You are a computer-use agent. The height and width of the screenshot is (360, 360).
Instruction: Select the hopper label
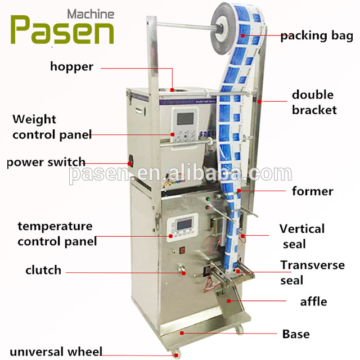pyautogui.click(x=71, y=66)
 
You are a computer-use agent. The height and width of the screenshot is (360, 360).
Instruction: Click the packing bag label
pyautogui.click(x=317, y=36)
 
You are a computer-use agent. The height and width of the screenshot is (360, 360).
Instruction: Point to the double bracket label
pyautogui.click(x=313, y=102)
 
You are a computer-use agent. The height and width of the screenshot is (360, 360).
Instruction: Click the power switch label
pyautogui.click(x=46, y=163)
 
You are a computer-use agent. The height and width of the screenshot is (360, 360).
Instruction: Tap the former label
pyautogui.click(x=312, y=191)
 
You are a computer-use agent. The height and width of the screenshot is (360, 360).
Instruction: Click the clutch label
pyautogui.click(x=43, y=270)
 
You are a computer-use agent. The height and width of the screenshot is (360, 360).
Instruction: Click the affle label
pyautogui.click(x=313, y=301)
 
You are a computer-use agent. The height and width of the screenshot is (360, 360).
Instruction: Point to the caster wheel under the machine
pyautogui.click(x=175, y=353)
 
